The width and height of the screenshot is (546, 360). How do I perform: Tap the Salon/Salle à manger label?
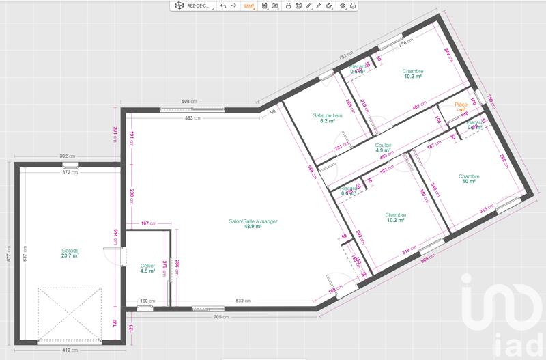[254, 223]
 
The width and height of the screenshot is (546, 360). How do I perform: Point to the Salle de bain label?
[328, 117]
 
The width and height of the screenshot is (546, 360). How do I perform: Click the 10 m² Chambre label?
[469, 179]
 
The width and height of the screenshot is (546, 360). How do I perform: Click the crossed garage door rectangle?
[70, 314]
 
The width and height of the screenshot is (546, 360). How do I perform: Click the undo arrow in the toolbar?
[223, 5]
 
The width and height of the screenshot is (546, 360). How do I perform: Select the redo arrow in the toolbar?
[233, 5]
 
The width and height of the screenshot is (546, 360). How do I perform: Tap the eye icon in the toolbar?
[343, 5]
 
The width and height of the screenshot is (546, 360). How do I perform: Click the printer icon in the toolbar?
[353, 5]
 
